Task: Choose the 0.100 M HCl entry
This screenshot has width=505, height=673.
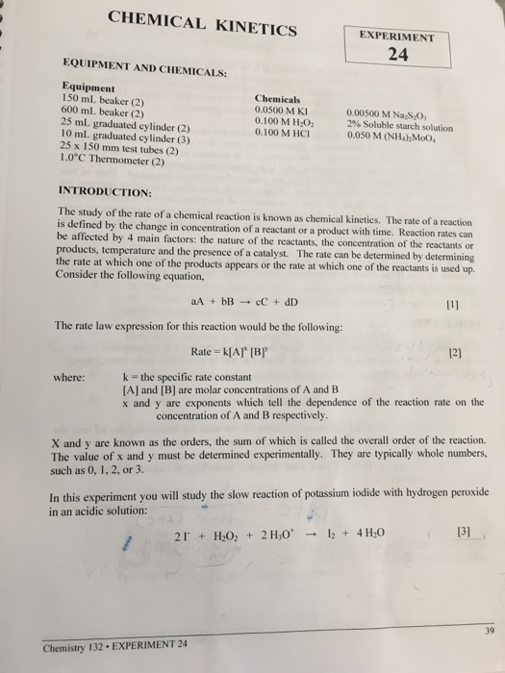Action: (281, 134)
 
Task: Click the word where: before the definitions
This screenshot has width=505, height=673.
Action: (73, 377)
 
